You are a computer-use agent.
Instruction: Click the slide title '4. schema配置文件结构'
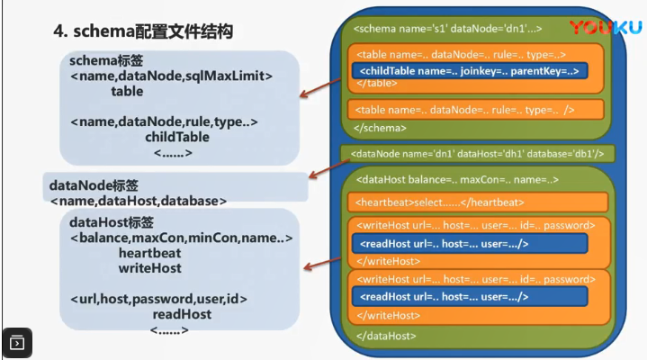(144, 32)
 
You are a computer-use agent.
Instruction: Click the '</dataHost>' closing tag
(387, 335)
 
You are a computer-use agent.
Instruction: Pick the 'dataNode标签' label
(89, 184)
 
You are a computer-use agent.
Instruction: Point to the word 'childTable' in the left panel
(177, 137)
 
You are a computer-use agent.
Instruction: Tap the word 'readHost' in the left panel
(182, 314)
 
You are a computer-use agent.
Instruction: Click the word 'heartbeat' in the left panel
(149, 253)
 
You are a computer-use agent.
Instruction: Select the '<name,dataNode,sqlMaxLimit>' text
(171, 76)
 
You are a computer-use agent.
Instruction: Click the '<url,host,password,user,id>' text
(158, 298)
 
